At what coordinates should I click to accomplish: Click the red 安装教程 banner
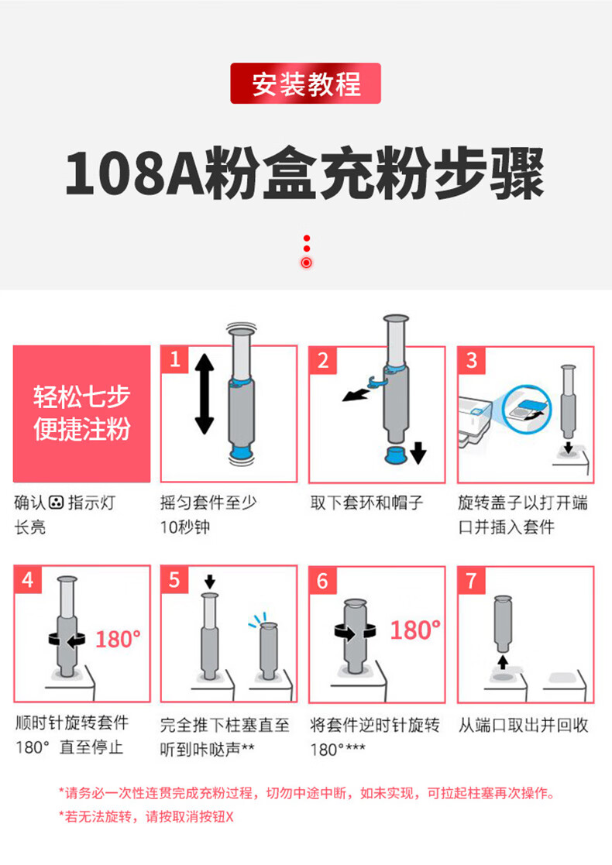pyautogui.click(x=305, y=84)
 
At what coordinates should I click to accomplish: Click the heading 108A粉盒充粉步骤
pyautogui.click(x=305, y=173)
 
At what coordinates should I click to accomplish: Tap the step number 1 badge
pyautogui.click(x=174, y=359)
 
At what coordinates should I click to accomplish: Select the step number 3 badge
pyautogui.click(x=471, y=360)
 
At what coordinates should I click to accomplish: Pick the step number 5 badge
pyautogui.click(x=174, y=579)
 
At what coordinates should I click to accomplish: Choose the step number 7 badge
pyautogui.click(x=471, y=580)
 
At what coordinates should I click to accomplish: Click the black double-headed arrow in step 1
pyautogui.click(x=205, y=394)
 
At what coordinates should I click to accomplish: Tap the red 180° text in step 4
pyautogui.click(x=118, y=640)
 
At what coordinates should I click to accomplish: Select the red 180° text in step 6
pyautogui.click(x=415, y=630)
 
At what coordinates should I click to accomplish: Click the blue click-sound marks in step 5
pyautogui.click(x=258, y=620)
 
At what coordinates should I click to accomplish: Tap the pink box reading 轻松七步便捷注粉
pyautogui.click(x=81, y=414)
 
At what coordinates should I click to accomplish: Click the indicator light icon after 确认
pyautogui.click(x=57, y=503)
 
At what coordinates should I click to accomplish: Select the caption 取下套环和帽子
pyautogui.click(x=366, y=503)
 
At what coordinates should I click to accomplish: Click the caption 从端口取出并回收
pyautogui.click(x=523, y=725)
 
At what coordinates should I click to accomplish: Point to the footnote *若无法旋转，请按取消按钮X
pyautogui.click(x=146, y=816)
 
